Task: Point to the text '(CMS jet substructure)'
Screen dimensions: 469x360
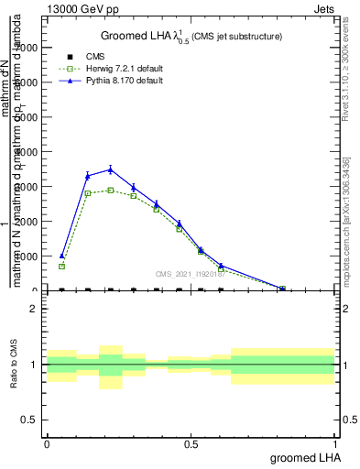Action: click(x=235, y=37)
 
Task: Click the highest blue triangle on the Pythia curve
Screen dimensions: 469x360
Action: click(x=111, y=169)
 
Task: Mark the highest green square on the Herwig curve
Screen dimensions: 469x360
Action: click(x=111, y=190)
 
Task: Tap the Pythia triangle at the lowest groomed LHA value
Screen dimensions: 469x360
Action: click(x=62, y=256)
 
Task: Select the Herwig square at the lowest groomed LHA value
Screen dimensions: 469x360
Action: click(x=62, y=266)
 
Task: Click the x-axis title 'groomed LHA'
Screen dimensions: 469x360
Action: click(x=305, y=457)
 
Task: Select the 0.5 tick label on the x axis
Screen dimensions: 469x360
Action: click(x=191, y=442)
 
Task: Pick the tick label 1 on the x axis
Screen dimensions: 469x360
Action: click(x=334, y=442)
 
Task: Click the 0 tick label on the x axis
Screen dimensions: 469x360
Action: click(x=47, y=442)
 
